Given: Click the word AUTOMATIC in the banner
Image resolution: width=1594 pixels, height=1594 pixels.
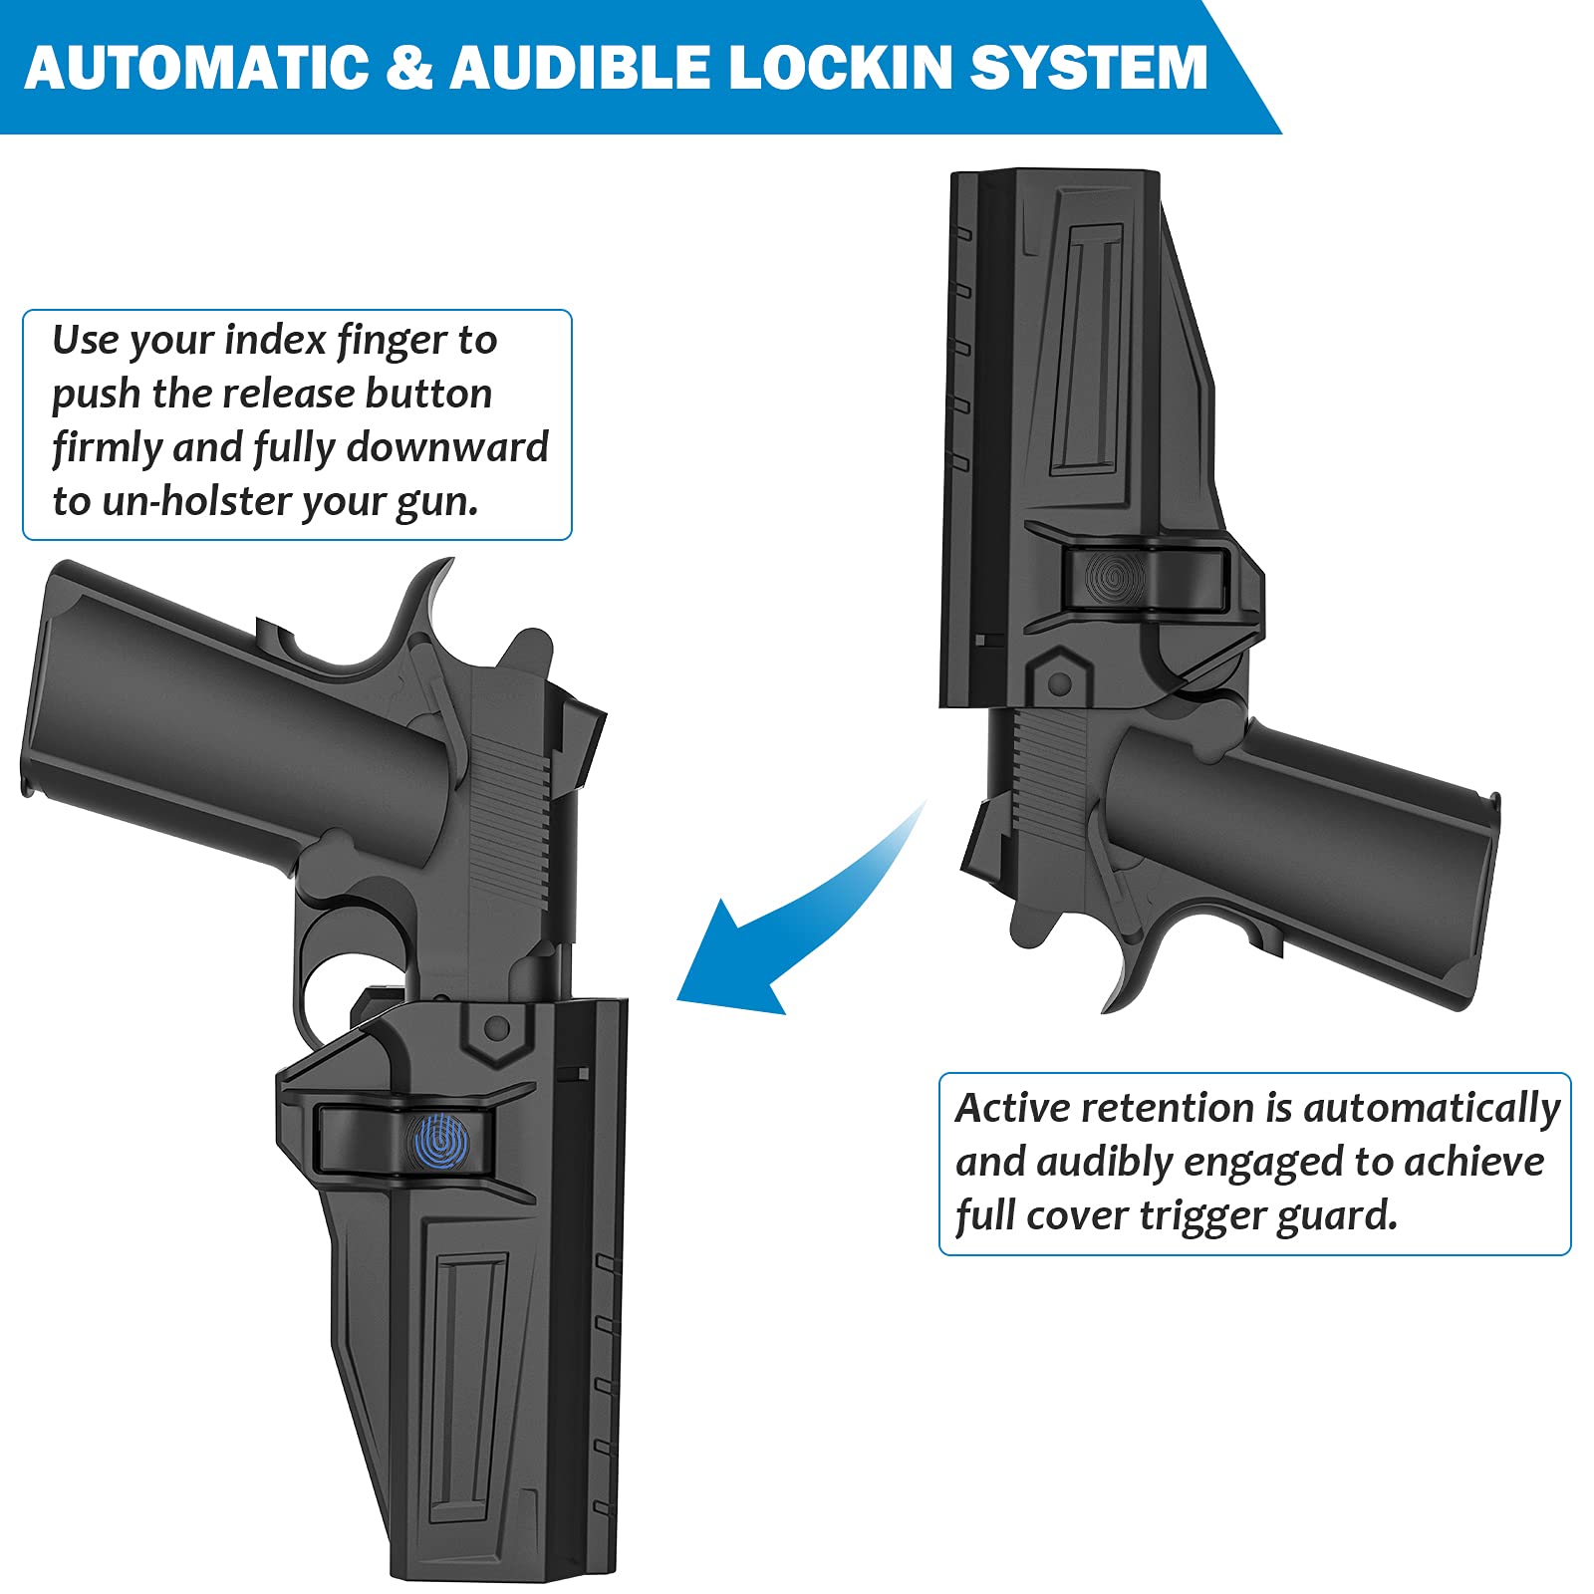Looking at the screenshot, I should [195, 68].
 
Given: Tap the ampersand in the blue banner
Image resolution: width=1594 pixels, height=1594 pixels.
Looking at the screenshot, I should [408, 68].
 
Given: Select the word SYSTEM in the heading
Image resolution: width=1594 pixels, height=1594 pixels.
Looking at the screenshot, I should [1088, 68].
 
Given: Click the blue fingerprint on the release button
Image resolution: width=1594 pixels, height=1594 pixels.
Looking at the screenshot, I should [440, 1141].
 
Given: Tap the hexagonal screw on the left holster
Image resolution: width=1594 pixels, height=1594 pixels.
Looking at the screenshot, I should [496, 1027].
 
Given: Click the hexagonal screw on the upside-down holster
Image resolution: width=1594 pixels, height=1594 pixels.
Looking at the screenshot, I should [1060, 683].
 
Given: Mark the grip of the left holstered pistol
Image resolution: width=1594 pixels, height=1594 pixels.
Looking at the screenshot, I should [219, 717].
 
